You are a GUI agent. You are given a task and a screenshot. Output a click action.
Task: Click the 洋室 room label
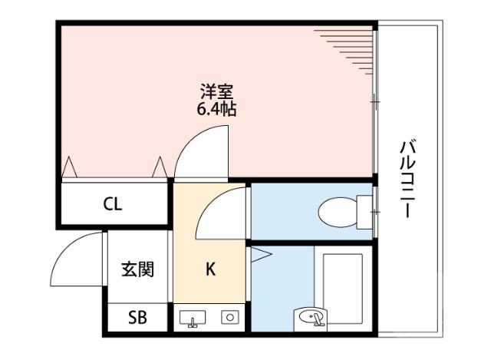click(x=216, y=89)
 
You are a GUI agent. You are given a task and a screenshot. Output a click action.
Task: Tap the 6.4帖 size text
click(x=216, y=108)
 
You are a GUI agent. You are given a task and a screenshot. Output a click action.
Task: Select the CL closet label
click(x=113, y=205)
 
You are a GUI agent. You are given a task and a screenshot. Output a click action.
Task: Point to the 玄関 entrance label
click(x=137, y=269)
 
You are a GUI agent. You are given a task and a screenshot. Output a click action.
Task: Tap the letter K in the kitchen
click(x=209, y=269)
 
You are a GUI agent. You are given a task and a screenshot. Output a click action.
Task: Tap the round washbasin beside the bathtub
click(x=311, y=318)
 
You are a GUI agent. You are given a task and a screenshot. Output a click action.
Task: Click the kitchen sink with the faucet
click(x=193, y=318)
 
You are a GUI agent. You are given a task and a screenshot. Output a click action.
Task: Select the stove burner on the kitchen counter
click(x=229, y=317)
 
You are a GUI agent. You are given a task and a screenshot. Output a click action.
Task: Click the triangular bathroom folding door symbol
click(x=255, y=256)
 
